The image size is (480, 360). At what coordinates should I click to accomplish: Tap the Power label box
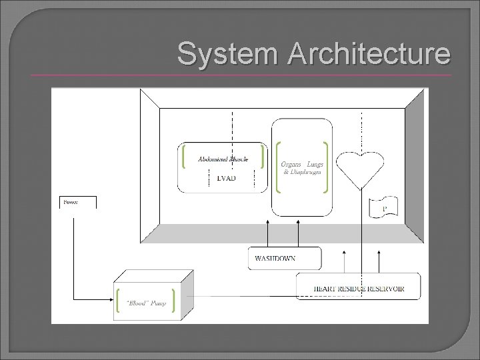tap(78, 202)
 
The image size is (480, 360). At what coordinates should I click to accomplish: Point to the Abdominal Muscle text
tap(223, 159)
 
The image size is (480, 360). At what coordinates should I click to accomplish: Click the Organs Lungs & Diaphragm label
tap(301, 167)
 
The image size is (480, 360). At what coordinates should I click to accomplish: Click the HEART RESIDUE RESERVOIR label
tap(358, 288)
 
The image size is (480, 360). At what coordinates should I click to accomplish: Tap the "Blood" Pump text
tap(146, 303)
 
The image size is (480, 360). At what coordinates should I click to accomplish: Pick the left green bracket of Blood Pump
tap(118, 301)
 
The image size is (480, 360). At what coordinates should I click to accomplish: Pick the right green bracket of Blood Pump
tap(174, 301)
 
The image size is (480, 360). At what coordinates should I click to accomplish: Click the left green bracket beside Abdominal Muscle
tap(183, 158)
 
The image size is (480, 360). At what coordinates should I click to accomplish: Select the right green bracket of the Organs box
tap(325, 167)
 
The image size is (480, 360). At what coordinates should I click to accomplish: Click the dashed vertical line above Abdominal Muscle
tap(231, 127)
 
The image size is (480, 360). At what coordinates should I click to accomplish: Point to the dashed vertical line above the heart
tap(361, 130)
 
